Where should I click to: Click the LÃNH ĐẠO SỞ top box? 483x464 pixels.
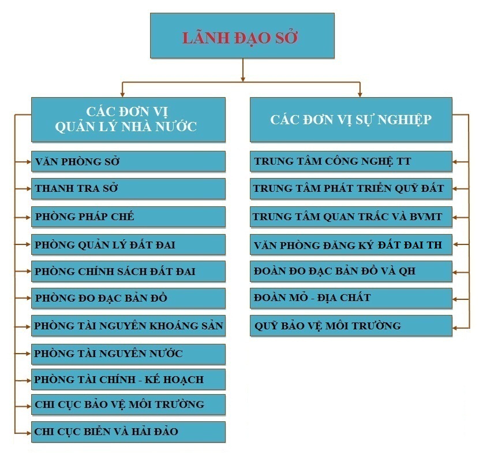[x=242, y=35]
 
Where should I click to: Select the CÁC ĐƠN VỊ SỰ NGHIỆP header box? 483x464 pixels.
[x=351, y=120]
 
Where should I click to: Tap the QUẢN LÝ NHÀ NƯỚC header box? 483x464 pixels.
[x=128, y=120]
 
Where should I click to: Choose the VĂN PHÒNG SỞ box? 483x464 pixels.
[x=128, y=161]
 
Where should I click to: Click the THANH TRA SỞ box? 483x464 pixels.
[x=128, y=188]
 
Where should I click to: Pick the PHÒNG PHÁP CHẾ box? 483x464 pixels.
[x=128, y=217]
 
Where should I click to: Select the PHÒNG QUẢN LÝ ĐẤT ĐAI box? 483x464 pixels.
[x=128, y=244]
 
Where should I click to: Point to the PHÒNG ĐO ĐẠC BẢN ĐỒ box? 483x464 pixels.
[x=128, y=298]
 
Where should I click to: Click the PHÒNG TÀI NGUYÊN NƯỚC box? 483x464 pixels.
[x=128, y=354]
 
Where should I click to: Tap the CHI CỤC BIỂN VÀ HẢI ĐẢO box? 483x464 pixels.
[x=128, y=432]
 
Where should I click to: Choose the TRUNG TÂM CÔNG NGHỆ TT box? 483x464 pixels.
[x=351, y=161]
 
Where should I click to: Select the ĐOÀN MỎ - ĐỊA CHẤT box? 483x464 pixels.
[x=351, y=298]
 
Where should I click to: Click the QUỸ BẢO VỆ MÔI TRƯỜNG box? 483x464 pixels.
[x=351, y=326]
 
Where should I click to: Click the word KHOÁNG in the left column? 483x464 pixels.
[x=171, y=326]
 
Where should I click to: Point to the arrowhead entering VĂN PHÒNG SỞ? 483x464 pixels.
[x=29, y=161]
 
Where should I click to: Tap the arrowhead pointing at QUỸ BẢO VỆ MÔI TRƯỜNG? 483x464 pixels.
[x=455, y=328]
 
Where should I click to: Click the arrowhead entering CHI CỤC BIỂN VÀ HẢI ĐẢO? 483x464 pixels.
[x=29, y=433]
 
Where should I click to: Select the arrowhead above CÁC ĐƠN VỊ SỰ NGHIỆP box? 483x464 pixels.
[x=360, y=94]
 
